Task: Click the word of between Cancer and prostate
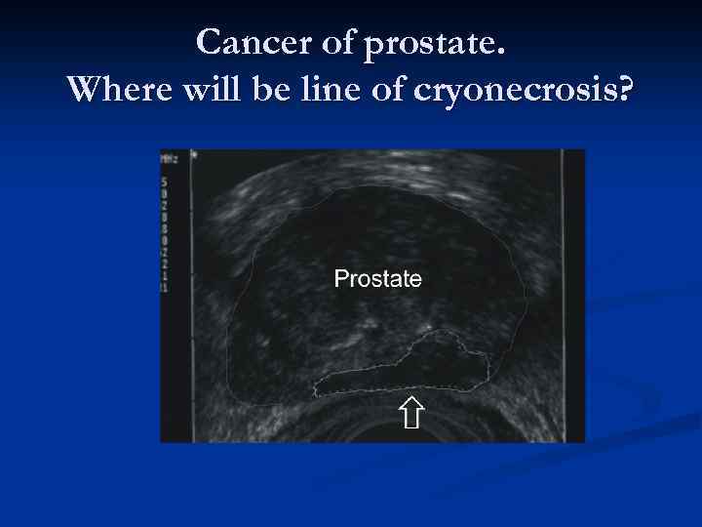[x=333, y=42]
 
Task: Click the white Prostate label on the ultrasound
[x=377, y=279]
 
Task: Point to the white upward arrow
[x=411, y=413]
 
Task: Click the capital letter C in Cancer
[x=208, y=42]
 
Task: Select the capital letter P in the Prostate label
[x=340, y=279]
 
